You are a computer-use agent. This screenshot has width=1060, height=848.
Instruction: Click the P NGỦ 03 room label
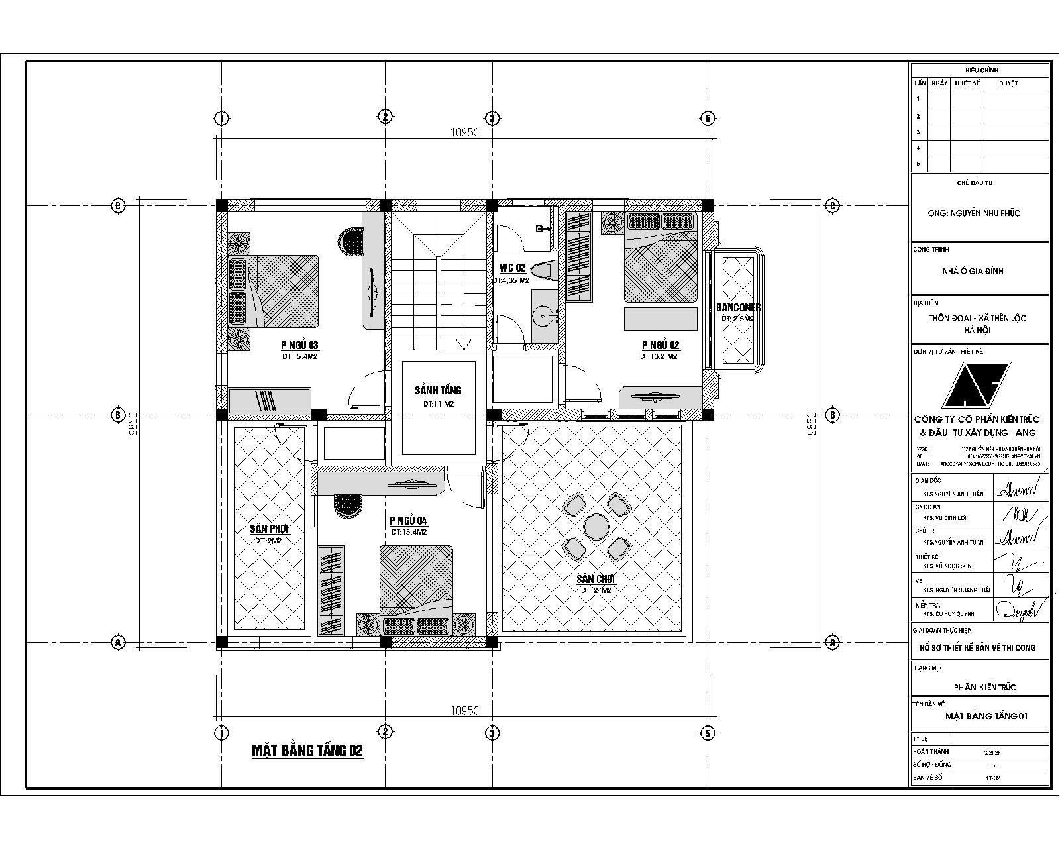299,345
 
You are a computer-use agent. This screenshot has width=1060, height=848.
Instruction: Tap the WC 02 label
512,268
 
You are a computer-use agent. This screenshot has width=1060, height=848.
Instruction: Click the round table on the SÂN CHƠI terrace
596,527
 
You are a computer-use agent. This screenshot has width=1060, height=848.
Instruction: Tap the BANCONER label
738,308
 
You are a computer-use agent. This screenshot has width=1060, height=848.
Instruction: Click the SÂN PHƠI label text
270,529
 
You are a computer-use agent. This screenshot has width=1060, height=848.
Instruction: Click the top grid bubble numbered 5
708,118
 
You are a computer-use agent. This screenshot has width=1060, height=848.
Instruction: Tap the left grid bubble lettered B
117,415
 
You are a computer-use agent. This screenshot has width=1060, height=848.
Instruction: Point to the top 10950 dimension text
464,132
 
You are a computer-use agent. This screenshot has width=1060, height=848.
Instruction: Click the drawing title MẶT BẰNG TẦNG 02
307,751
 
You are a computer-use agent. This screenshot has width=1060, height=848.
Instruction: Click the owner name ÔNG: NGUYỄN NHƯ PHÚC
973,213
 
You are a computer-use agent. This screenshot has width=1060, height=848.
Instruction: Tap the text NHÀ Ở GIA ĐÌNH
973,271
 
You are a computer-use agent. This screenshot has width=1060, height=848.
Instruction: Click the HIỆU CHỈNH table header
981,70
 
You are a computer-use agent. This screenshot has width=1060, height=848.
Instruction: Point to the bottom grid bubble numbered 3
491,733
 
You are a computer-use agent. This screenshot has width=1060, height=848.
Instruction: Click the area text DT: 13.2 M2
658,356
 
